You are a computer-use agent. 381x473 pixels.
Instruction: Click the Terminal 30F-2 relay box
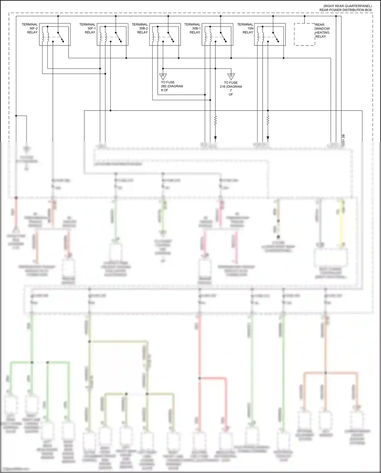pyautogui.click(x=55, y=35)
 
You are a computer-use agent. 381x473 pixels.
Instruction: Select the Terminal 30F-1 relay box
pyautogui.click(x=113, y=35)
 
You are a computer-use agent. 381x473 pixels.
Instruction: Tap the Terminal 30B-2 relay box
pyautogui.click(x=165, y=35)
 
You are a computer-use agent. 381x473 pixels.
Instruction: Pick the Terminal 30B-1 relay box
pyautogui.click(x=217, y=35)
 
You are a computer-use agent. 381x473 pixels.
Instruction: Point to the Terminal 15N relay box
pyautogui.click(x=270, y=35)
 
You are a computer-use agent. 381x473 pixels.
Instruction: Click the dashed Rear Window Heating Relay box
pyautogui.click(x=304, y=35)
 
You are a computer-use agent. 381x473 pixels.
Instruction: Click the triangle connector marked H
pyautogui.click(x=163, y=76)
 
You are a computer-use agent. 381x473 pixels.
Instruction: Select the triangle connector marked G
pyautogui.click(x=231, y=76)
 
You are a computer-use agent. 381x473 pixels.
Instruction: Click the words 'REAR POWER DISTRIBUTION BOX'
pyautogui.click(x=345, y=10)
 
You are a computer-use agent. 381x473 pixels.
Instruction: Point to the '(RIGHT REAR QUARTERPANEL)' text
pyautogui.click(x=347, y=6)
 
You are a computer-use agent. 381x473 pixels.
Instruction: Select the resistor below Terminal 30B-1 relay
pyautogui.click(x=215, y=120)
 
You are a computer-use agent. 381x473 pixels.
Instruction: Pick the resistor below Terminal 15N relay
pyautogui.click(x=268, y=120)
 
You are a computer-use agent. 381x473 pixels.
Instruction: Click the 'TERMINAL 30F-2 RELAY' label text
pyautogui.click(x=30, y=28)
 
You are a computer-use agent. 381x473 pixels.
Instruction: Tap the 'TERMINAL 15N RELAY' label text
pyautogui.click(x=245, y=28)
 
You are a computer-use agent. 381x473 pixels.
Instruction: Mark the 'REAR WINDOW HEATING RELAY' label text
pyautogui.click(x=322, y=30)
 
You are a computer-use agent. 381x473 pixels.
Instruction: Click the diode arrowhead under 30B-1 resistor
pyautogui.click(x=215, y=138)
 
